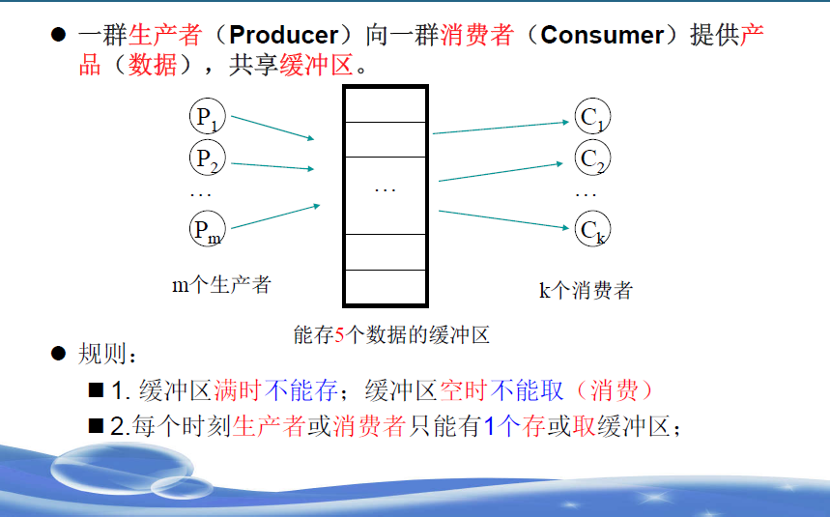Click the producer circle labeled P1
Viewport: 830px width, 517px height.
click(x=207, y=117)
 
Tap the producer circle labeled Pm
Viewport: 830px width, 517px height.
click(x=207, y=229)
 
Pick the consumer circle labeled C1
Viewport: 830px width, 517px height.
click(x=591, y=118)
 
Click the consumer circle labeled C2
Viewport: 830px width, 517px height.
click(x=591, y=158)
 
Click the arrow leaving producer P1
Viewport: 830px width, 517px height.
click(x=273, y=129)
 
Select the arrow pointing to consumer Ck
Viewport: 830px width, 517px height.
click(x=502, y=219)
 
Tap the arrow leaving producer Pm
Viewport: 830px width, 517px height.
click(x=275, y=216)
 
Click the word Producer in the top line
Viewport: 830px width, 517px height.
click(x=285, y=36)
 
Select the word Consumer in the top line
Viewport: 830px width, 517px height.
click(x=603, y=36)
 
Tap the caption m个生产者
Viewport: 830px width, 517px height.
click(x=221, y=284)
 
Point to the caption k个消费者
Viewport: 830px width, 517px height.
click(x=586, y=290)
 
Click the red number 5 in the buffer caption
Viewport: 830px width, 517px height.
click(x=339, y=335)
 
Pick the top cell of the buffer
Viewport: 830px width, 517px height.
click(x=385, y=105)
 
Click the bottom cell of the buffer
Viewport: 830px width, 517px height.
click(x=385, y=286)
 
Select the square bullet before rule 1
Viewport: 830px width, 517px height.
click(x=95, y=390)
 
